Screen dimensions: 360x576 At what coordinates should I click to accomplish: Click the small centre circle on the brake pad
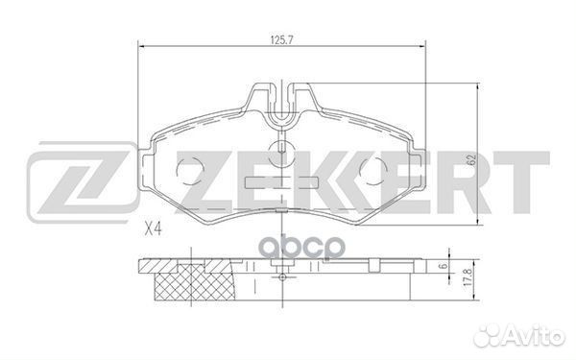click(281, 149)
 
